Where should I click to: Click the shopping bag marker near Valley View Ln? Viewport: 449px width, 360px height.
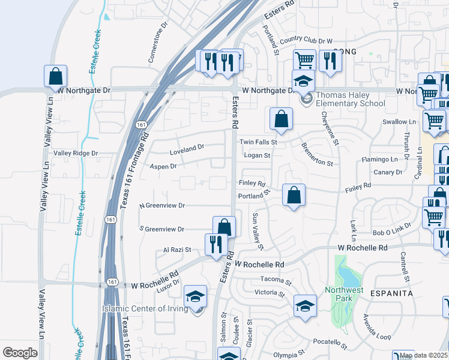pyautogui.click(x=55, y=76)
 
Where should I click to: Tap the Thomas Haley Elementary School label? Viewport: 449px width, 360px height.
pyautogui.click(x=351, y=99)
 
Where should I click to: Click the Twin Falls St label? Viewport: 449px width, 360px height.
pyautogui.click(x=258, y=142)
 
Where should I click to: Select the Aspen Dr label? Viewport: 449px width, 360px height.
pyautogui.click(x=163, y=166)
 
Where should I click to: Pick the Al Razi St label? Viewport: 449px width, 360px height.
pyautogui.click(x=177, y=250)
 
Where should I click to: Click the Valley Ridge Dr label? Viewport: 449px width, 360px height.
pyautogui.click(x=76, y=154)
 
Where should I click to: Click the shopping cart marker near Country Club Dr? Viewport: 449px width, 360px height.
pyautogui.click(x=304, y=60)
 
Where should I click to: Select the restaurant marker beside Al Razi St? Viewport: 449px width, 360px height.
pyautogui.click(x=216, y=244)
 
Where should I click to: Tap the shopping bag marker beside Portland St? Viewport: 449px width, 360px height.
pyautogui.click(x=294, y=195)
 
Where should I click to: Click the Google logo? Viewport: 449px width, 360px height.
pyautogui.click(x=20, y=353)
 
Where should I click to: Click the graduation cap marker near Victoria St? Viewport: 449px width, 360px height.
pyautogui.click(x=305, y=305)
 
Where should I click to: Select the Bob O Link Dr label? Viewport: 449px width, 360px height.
pyautogui.click(x=390, y=232)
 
